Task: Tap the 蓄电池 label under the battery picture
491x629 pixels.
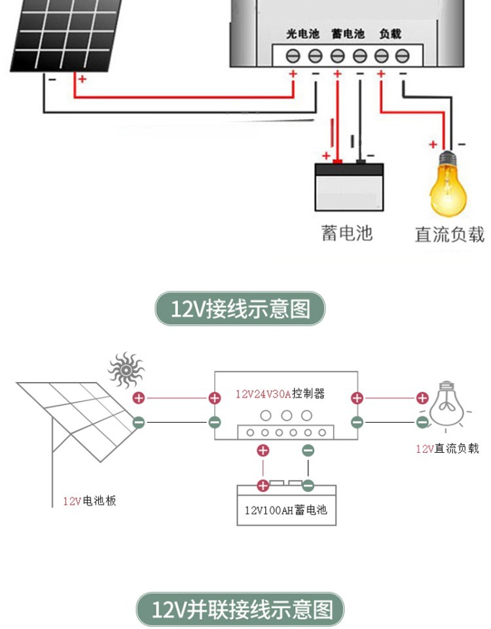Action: click(x=347, y=233)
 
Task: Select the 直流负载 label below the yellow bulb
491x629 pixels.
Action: click(x=450, y=234)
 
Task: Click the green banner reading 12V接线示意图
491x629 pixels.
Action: click(x=240, y=309)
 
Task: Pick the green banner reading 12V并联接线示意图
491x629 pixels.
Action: click(x=240, y=610)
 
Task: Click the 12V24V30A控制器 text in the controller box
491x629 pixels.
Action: click(x=280, y=394)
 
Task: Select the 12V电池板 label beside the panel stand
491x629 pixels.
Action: click(x=90, y=501)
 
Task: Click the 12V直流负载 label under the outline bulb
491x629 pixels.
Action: click(x=447, y=449)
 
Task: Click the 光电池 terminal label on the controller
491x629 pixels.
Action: click(x=302, y=33)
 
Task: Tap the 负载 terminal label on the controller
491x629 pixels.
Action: click(x=390, y=33)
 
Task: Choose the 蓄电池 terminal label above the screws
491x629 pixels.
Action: click(x=347, y=33)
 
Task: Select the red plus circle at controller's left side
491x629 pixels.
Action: click(x=214, y=398)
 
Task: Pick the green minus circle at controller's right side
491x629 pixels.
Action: click(x=357, y=422)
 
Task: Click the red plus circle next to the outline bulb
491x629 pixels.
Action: click(x=422, y=398)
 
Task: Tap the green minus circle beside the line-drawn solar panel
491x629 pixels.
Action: click(x=139, y=422)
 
